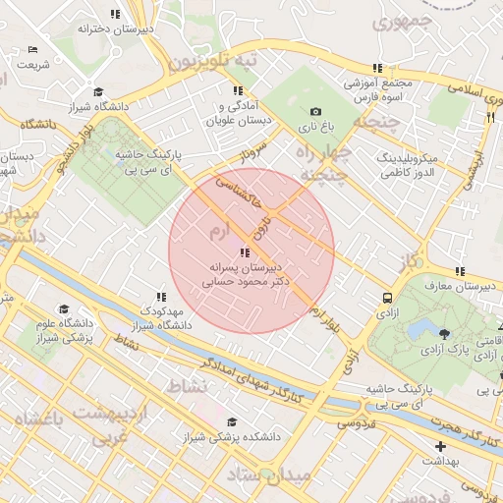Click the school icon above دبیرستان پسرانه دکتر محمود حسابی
245,253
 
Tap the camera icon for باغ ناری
315,112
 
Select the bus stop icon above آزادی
387,298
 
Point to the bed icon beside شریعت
33,50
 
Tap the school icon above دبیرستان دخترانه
116,15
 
